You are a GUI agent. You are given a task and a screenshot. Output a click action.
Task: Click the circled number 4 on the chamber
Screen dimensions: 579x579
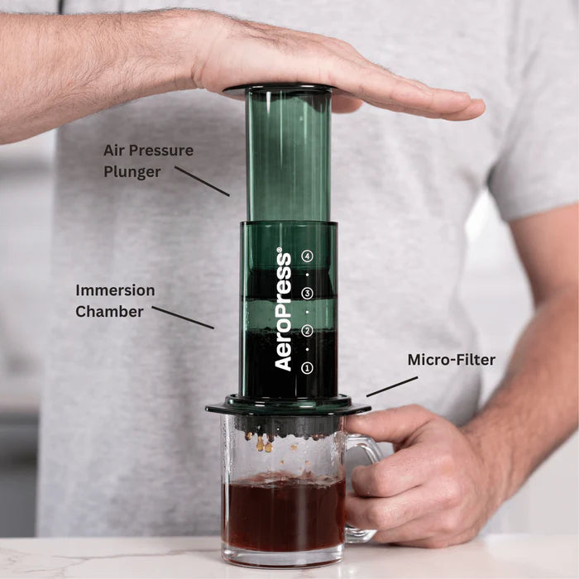(x=308, y=256)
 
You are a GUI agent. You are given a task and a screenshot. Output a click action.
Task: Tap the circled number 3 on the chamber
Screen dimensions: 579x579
(x=308, y=294)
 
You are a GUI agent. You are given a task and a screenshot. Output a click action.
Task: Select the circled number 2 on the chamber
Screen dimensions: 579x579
(x=308, y=331)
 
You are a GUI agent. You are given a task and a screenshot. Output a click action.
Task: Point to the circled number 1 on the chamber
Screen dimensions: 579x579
(x=308, y=367)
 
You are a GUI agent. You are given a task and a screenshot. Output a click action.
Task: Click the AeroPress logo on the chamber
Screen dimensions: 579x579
(x=284, y=309)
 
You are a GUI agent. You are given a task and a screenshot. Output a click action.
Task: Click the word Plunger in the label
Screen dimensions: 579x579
(x=132, y=171)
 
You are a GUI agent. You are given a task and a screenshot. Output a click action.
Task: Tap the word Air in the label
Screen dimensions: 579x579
(x=115, y=151)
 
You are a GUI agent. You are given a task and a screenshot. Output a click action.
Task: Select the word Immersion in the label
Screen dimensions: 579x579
(x=115, y=290)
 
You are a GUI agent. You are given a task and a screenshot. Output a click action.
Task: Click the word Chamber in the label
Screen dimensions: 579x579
(x=110, y=311)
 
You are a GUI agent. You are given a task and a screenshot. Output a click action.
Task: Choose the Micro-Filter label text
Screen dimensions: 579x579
(x=452, y=360)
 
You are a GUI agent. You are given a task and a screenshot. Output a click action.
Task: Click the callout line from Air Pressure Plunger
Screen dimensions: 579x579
(x=202, y=181)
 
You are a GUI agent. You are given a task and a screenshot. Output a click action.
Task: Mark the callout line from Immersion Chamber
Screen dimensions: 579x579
(x=182, y=318)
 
